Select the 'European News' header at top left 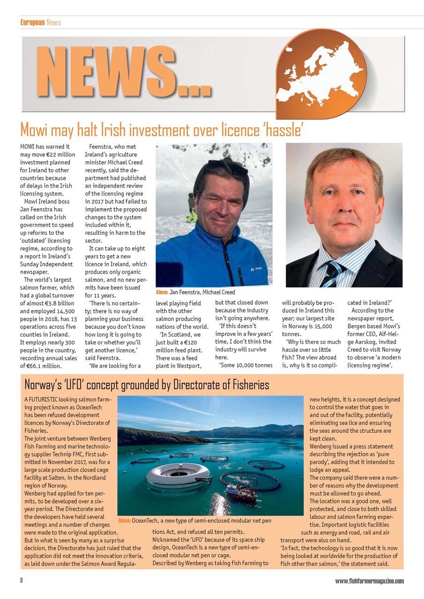[40, 22]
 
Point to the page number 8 [22, 581]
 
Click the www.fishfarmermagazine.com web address [369, 581]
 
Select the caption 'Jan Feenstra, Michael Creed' [202, 292]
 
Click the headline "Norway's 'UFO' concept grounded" [147, 385]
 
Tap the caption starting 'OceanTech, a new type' [201, 520]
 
